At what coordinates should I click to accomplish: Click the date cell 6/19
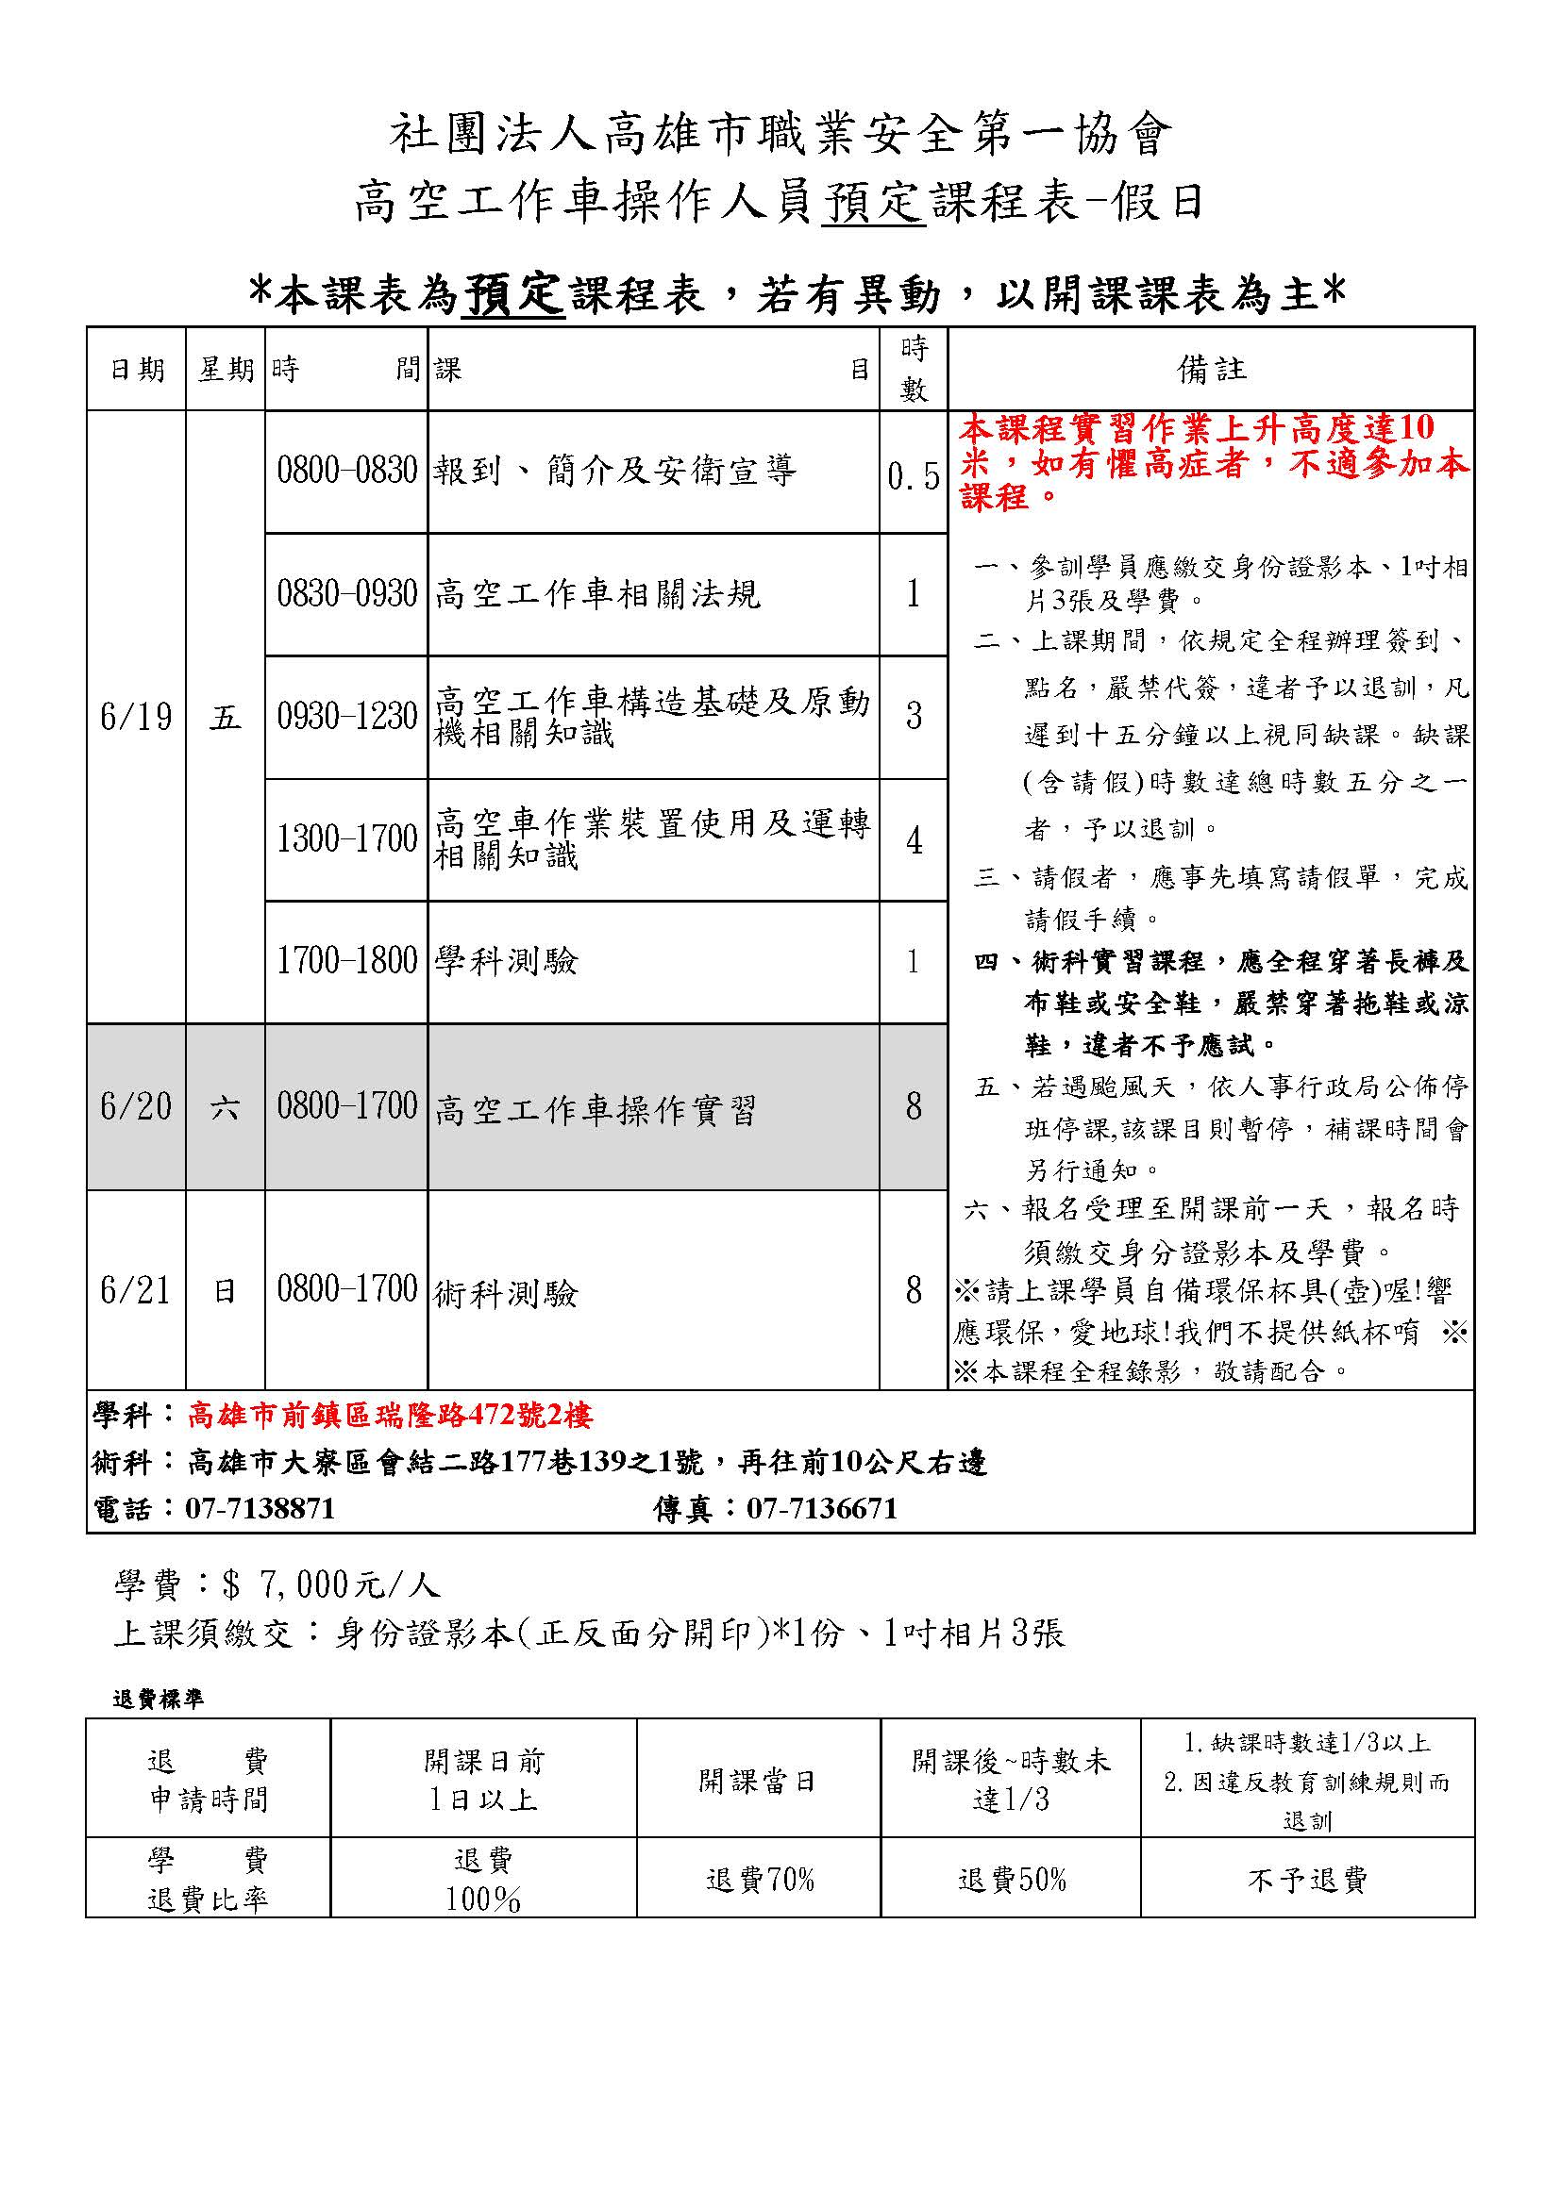(136, 717)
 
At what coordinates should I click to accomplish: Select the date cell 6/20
(136, 1107)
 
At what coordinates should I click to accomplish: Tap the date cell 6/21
(136, 1290)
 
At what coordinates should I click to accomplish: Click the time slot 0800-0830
(347, 471)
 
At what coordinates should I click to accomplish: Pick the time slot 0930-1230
(347, 717)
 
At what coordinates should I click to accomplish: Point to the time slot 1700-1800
(347, 961)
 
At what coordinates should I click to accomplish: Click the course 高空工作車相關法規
(596, 594)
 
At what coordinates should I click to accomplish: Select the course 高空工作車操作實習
(595, 1110)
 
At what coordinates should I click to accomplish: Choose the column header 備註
(1211, 369)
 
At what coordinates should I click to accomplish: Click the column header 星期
(226, 370)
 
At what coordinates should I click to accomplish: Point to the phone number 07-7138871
(260, 1508)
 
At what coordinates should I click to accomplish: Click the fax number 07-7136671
(822, 1508)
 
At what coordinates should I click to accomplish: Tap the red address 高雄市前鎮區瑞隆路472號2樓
(391, 1415)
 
